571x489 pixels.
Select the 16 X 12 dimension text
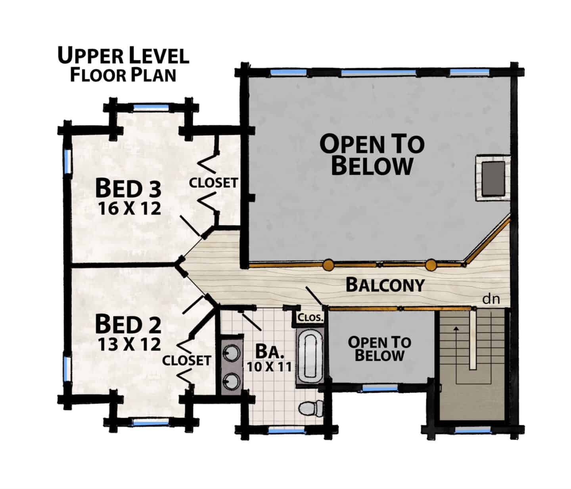tap(130, 209)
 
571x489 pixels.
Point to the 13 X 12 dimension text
tap(130, 344)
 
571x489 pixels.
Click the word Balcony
tap(385, 285)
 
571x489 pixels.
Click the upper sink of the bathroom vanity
tap(231, 354)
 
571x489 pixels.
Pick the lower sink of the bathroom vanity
tap(231, 381)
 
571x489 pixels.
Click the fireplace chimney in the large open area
tap(493, 178)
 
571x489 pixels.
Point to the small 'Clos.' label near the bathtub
tap(310, 318)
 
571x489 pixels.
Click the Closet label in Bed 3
tap(213, 183)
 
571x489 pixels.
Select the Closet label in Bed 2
tap(186, 360)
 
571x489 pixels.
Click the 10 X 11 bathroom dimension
tap(269, 367)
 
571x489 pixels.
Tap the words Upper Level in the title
tap(123, 55)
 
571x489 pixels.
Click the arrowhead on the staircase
tap(456, 329)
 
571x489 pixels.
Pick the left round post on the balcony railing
tap(328, 265)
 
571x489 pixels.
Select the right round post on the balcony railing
tap(431, 265)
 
